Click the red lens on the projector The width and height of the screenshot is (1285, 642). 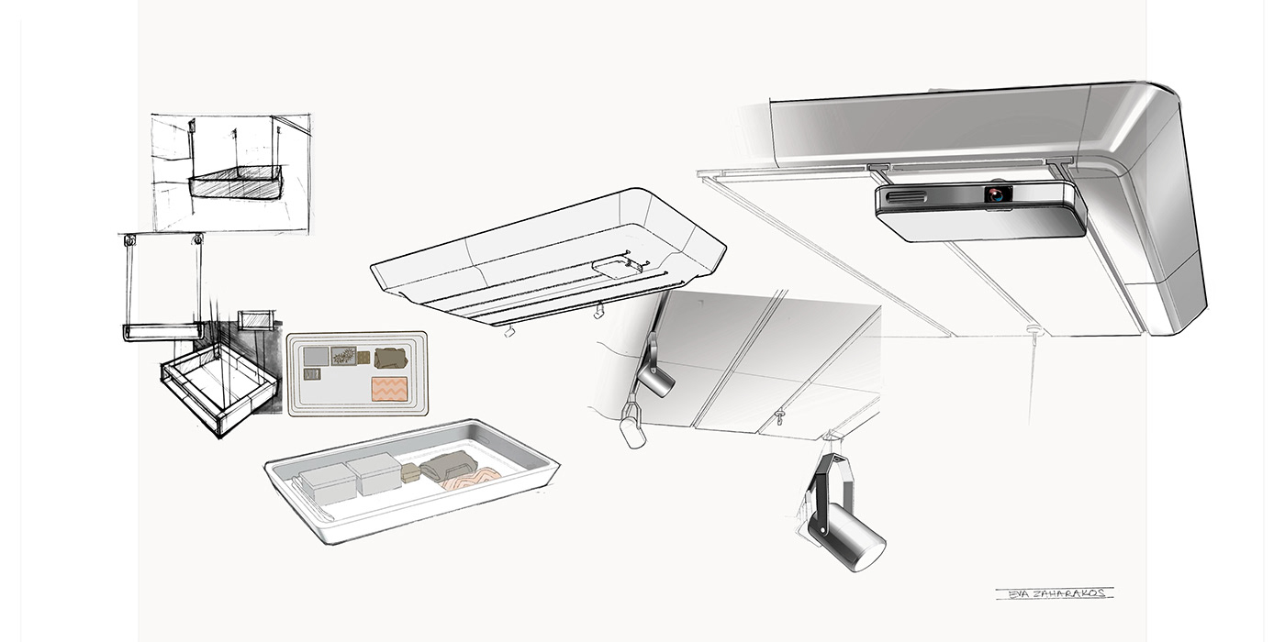[995, 194]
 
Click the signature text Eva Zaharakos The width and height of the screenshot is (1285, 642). [1054, 593]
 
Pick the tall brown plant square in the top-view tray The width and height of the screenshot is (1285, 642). [343, 356]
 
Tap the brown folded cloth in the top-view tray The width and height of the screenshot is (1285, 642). [391, 358]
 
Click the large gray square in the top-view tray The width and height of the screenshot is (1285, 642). [316, 356]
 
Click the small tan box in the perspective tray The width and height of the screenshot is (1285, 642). [409, 473]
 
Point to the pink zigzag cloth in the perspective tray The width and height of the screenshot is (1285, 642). [471, 480]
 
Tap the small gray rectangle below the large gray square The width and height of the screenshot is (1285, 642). [313, 374]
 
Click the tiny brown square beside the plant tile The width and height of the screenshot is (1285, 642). [363, 357]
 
